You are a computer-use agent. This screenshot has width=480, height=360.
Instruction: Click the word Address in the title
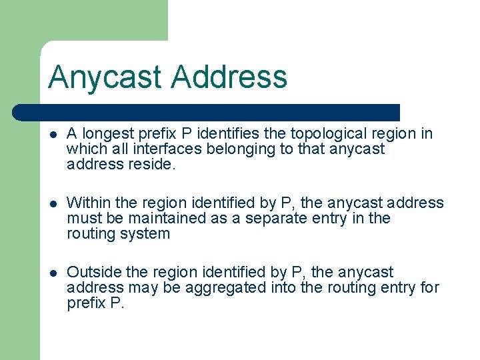pos(229,77)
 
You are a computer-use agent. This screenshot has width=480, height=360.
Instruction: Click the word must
pos(83,219)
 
